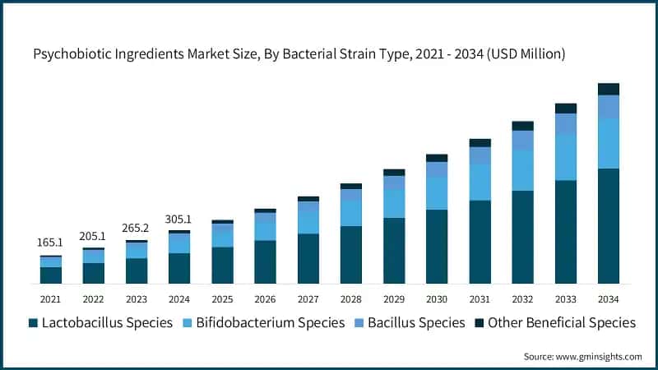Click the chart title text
click(299, 55)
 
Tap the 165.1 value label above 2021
click(50, 243)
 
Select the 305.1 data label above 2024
click(179, 220)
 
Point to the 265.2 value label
click(137, 228)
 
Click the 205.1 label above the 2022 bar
click(93, 236)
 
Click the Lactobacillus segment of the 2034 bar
click(608, 226)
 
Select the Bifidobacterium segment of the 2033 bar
click(565, 156)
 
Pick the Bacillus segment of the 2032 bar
click(522, 140)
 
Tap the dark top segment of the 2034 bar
click(608, 89)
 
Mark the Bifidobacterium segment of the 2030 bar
click(437, 193)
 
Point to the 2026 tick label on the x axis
click(265, 298)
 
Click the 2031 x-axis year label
click(480, 298)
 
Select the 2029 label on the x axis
click(394, 298)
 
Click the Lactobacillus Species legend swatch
click(34, 323)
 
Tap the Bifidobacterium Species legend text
click(274, 322)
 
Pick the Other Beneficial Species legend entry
click(554, 322)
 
